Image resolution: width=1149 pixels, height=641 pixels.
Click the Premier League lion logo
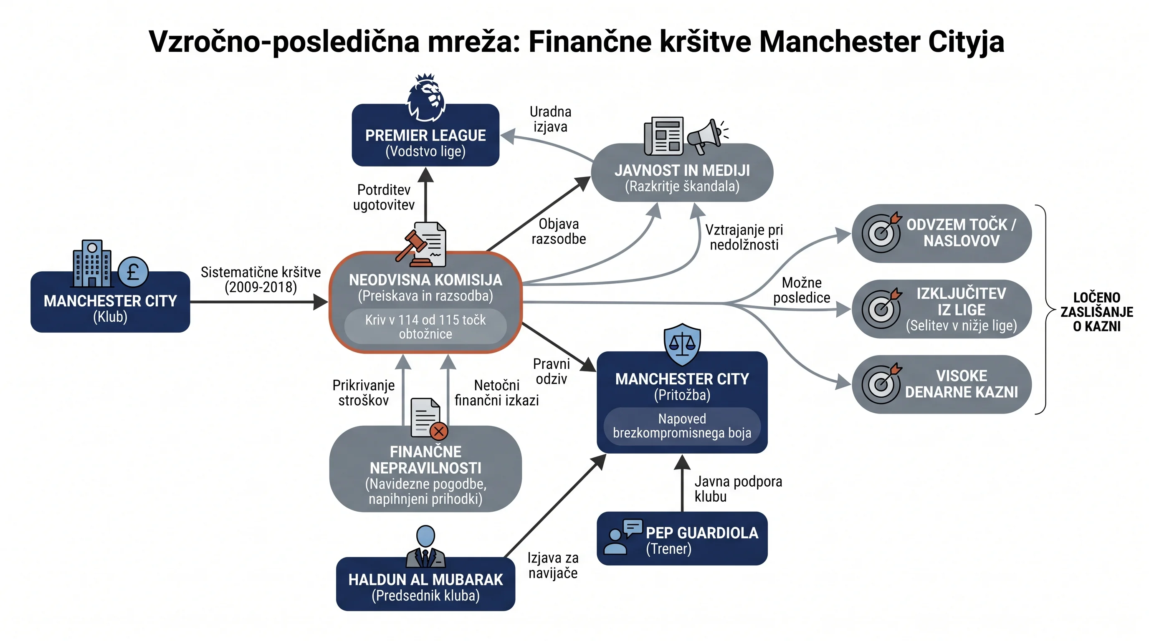(425, 98)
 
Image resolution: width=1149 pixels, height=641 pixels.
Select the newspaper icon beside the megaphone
(664, 136)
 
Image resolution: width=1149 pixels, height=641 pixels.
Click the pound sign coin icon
(133, 272)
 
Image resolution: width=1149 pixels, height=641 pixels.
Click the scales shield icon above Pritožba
(682, 344)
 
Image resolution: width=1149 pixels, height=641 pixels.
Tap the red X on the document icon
(439, 431)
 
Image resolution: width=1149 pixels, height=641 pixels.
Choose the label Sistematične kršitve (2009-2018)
(261, 280)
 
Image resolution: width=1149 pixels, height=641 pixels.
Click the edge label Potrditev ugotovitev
(384, 197)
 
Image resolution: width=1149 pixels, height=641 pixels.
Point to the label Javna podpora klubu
(738, 489)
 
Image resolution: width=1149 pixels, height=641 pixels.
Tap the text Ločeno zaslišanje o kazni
(1097, 312)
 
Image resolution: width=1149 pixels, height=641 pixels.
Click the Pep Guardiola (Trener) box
(682, 538)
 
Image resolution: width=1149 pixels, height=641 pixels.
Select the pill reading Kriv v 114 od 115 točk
(425, 326)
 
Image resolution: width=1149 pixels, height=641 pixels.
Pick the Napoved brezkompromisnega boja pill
(682, 426)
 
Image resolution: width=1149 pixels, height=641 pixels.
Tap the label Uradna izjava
(550, 119)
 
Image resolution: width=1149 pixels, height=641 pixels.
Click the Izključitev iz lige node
(941, 309)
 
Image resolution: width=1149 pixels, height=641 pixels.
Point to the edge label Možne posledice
(802, 290)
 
